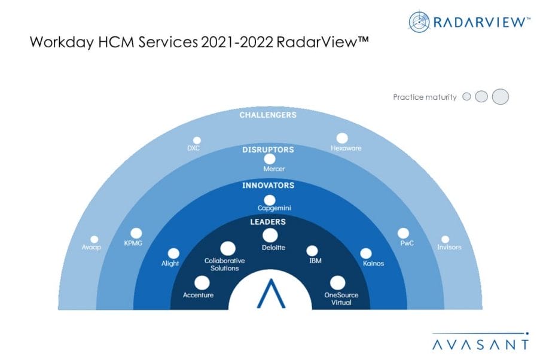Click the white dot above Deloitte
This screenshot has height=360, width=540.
click(x=270, y=236)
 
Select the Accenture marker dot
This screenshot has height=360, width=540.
click(x=202, y=283)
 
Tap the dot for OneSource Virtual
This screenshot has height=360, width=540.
click(x=337, y=283)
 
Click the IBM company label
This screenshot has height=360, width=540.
click(x=315, y=261)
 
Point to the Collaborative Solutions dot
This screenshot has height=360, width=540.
click(x=228, y=248)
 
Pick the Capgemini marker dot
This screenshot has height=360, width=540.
click(x=269, y=200)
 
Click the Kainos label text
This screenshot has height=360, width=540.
click(x=373, y=263)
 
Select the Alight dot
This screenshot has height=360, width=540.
click(x=173, y=254)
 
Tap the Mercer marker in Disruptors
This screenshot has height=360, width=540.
click(x=269, y=159)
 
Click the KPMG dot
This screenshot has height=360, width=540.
click(x=136, y=233)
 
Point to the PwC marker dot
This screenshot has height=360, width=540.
click(x=403, y=233)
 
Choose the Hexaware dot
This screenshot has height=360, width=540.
click(x=341, y=138)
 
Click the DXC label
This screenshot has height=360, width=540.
click(x=193, y=148)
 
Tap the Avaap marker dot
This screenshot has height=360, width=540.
click(x=94, y=239)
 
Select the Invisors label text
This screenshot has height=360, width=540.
click(x=449, y=247)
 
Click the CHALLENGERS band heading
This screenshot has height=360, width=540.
click(x=268, y=115)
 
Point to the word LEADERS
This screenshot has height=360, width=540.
click(x=268, y=222)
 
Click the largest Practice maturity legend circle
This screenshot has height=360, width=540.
click(x=500, y=96)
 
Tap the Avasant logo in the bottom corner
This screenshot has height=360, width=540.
click(x=480, y=341)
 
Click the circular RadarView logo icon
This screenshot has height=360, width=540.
click(x=419, y=22)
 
